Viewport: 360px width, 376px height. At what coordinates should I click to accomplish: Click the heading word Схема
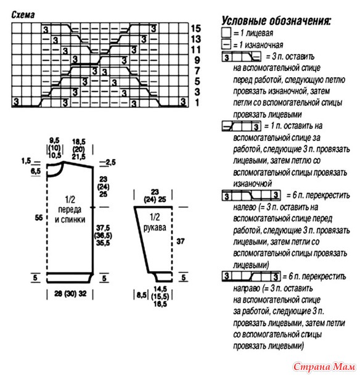coord(23,15)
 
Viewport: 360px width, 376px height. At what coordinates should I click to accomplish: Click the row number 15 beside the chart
coord(196,28)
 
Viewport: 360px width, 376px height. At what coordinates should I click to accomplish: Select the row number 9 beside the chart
coord(197,60)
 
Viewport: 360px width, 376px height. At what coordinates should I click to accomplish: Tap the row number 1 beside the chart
coord(197,103)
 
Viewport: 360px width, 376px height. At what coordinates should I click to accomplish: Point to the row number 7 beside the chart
coord(197,71)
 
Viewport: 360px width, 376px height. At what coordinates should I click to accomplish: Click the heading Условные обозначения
coord(276,21)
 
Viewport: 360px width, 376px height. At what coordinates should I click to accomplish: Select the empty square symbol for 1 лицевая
coord(226,33)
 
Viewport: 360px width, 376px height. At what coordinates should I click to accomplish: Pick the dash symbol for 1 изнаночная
coord(226,44)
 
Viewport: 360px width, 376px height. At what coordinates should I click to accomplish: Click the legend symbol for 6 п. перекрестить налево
coord(251,195)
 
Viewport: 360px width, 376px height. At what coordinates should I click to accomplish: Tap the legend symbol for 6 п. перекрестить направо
coord(251,276)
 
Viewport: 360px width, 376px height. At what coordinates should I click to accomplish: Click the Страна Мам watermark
coord(324,366)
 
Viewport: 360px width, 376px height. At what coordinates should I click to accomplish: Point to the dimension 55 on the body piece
coord(39,218)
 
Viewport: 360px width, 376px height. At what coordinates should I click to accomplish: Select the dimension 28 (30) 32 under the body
coord(70,293)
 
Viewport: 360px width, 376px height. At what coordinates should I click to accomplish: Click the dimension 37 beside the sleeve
coord(181,241)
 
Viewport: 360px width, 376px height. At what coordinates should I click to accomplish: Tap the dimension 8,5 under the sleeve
coord(142,295)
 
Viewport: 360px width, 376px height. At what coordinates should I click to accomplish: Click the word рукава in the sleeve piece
coord(155,227)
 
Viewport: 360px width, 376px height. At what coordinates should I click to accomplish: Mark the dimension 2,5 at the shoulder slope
coord(110,163)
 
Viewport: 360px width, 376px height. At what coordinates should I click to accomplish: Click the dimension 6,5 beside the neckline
coord(36,171)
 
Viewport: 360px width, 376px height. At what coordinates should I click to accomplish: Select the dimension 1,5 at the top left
coord(26,161)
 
